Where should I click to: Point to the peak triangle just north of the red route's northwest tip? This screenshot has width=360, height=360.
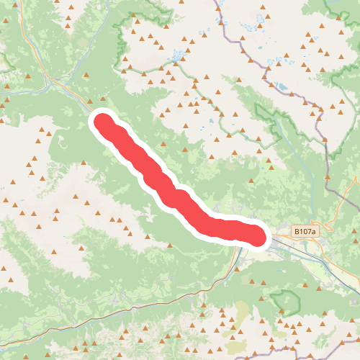90,101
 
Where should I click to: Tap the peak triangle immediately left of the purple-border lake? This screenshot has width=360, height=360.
272,85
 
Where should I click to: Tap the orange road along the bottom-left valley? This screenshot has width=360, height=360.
108,314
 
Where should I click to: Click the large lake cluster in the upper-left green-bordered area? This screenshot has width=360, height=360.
176,55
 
